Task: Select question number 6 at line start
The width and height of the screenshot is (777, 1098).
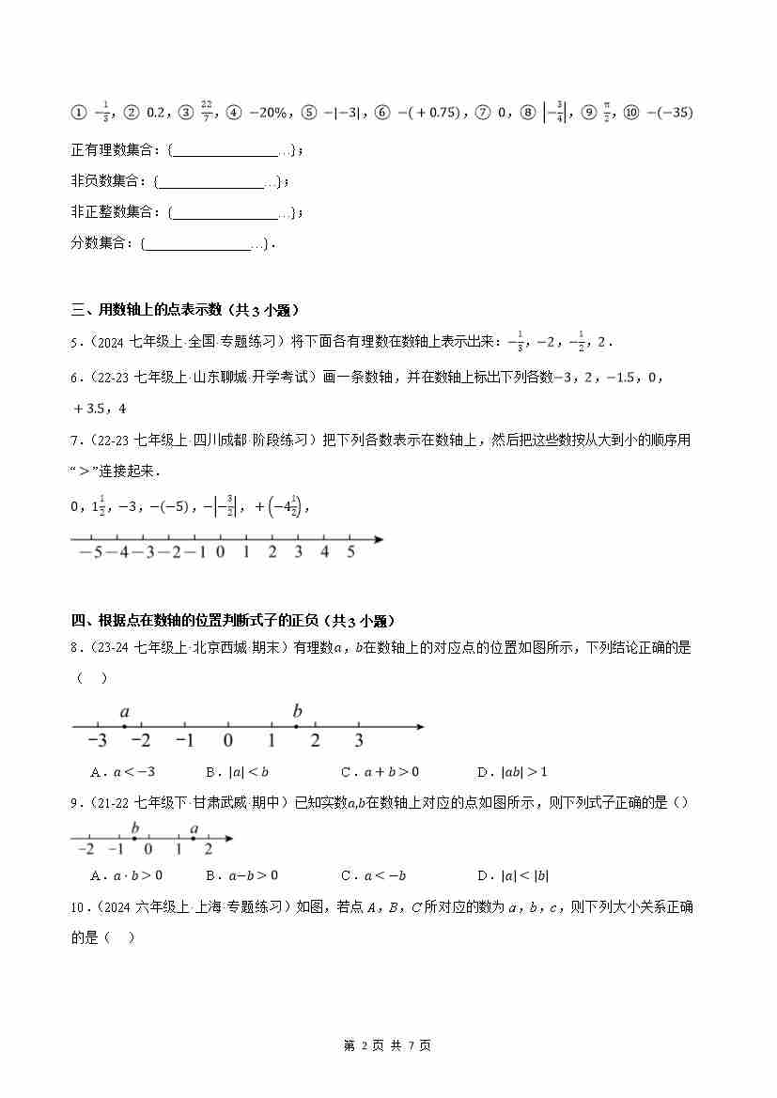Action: click(76, 377)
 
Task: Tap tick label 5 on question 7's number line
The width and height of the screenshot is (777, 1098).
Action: click(350, 553)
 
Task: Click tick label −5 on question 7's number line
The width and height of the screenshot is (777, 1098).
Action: click(90, 553)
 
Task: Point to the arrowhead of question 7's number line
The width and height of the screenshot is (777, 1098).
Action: click(379, 539)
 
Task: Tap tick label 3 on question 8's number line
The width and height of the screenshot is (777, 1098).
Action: click(359, 741)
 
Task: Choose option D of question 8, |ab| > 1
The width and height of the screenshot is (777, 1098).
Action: click(512, 773)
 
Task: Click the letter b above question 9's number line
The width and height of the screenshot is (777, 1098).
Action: click(135, 827)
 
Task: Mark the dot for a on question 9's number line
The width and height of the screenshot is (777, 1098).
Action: click(194, 839)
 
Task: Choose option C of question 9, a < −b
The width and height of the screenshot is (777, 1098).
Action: click(374, 875)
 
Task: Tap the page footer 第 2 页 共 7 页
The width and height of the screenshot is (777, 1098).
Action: click(388, 1045)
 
